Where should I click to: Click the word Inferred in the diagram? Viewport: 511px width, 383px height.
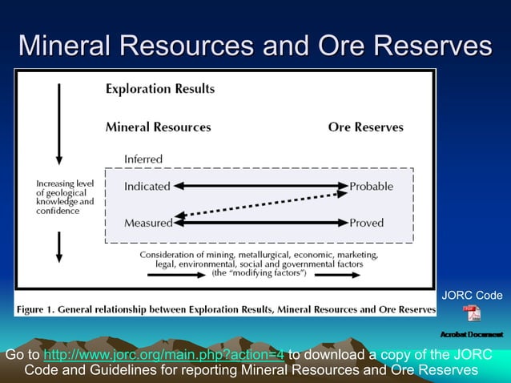(x=143, y=159)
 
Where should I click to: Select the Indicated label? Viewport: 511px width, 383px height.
(x=147, y=186)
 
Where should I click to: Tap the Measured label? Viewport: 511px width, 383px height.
(x=148, y=223)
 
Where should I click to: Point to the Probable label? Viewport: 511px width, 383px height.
(x=372, y=186)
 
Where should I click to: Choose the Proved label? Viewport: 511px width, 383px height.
(x=367, y=223)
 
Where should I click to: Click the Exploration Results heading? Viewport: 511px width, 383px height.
(x=160, y=89)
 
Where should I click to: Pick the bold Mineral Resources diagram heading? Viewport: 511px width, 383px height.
(x=158, y=127)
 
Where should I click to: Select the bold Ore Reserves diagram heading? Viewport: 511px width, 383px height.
(x=365, y=127)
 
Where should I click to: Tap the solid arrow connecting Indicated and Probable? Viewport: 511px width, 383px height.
(x=260, y=186)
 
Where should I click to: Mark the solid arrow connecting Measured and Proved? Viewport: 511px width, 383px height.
(x=260, y=223)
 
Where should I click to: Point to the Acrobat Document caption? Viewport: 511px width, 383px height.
(x=472, y=333)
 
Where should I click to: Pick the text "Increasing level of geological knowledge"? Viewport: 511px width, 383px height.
(x=64, y=197)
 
